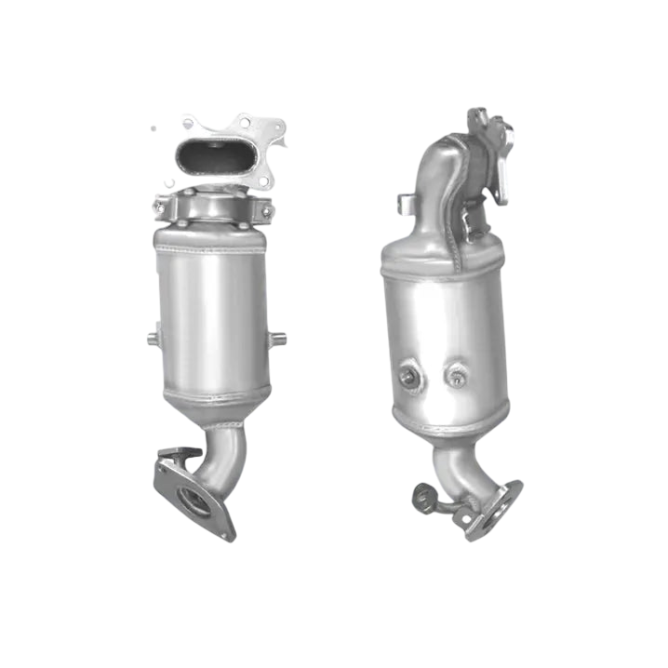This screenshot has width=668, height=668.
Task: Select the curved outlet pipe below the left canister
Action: point(225,456)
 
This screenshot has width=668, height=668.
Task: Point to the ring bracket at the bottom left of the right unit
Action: point(424,498)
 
